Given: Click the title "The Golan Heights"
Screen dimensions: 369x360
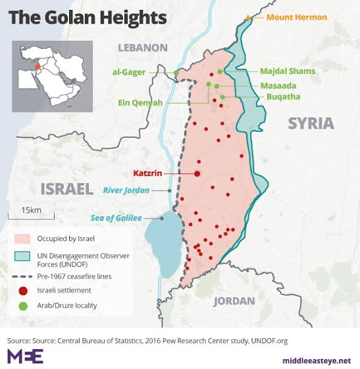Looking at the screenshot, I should click(87, 16).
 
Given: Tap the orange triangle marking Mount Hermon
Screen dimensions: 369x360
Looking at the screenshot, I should click(247, 16).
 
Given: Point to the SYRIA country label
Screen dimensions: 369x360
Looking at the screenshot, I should click(311, 123).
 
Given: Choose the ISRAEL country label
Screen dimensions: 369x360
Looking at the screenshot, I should click(66, 189).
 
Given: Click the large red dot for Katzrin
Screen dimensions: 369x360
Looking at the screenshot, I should click(197, 173).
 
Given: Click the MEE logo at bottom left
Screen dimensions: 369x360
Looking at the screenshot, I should click(24, 356).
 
